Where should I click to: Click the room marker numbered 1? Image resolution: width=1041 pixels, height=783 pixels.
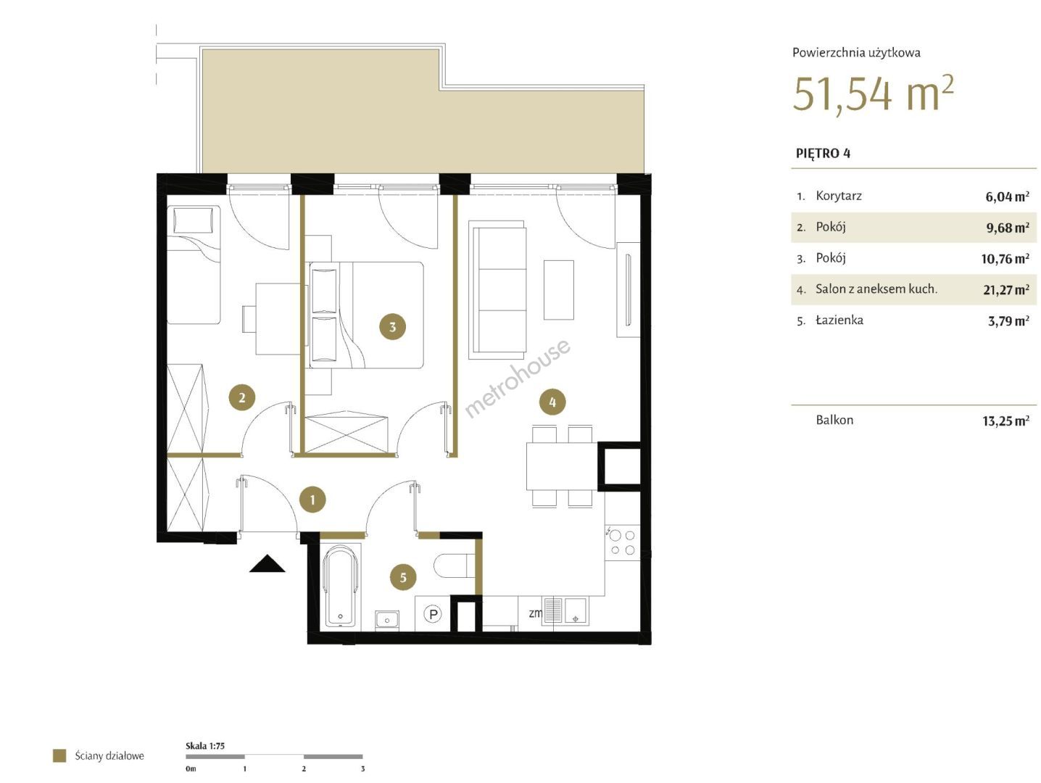tap(312, 500)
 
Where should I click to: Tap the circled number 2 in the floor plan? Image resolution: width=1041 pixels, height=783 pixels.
tap(242, 397)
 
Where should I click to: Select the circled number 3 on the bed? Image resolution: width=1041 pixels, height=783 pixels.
tap(392, 326)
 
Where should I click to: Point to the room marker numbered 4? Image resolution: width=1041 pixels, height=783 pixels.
tap(552, 402)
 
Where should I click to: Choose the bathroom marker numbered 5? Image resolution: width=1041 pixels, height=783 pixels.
tap(402, 577)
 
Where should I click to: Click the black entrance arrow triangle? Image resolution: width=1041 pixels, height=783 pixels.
tap(267, 564)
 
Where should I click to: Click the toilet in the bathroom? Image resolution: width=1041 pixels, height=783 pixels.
tap(455, 565)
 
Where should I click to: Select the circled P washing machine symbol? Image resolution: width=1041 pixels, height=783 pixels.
tap(433, 614)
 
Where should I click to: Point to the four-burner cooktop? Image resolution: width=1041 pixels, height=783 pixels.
tap(622, 542)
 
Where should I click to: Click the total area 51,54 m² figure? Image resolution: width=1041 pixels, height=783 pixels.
tap(873, 94)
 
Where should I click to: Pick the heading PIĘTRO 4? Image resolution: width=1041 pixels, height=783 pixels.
tap(823, 153)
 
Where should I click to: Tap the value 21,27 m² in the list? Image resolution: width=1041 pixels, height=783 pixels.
tap(1006, 289)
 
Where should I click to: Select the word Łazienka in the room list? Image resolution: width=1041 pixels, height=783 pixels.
tap(839, 320)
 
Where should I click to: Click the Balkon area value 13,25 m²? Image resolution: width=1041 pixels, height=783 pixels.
tap(1006, 420)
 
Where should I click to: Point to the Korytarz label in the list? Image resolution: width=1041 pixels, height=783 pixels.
tap(839, 196)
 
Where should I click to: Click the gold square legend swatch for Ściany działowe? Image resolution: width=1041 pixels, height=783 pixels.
tap(59, 756)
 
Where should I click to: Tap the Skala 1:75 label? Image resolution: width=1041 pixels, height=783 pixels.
tap(205, 746)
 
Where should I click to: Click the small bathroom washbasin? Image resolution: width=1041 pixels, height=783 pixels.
tap(387, 620)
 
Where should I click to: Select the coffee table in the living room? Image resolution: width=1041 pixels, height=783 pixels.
tap(558, 289)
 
